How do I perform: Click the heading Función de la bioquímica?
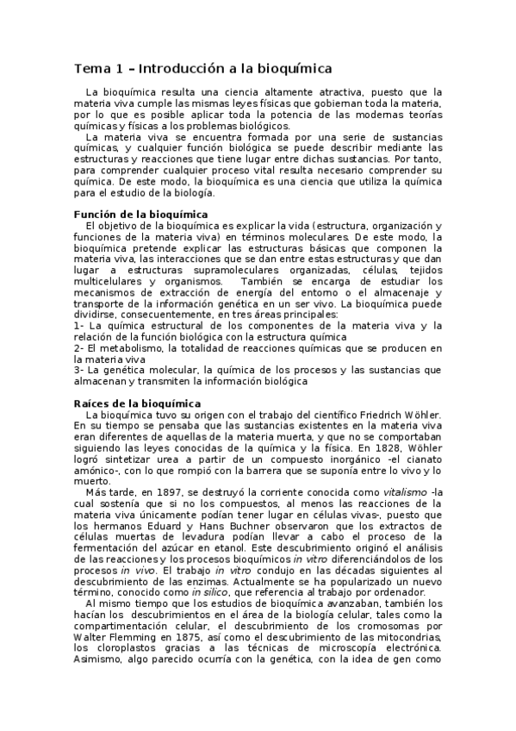tap(134, 215)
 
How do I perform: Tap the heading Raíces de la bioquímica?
tap(137, 403)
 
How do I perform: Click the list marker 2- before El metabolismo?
tap(80, 348)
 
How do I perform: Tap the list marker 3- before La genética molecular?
tap(80, 371)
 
